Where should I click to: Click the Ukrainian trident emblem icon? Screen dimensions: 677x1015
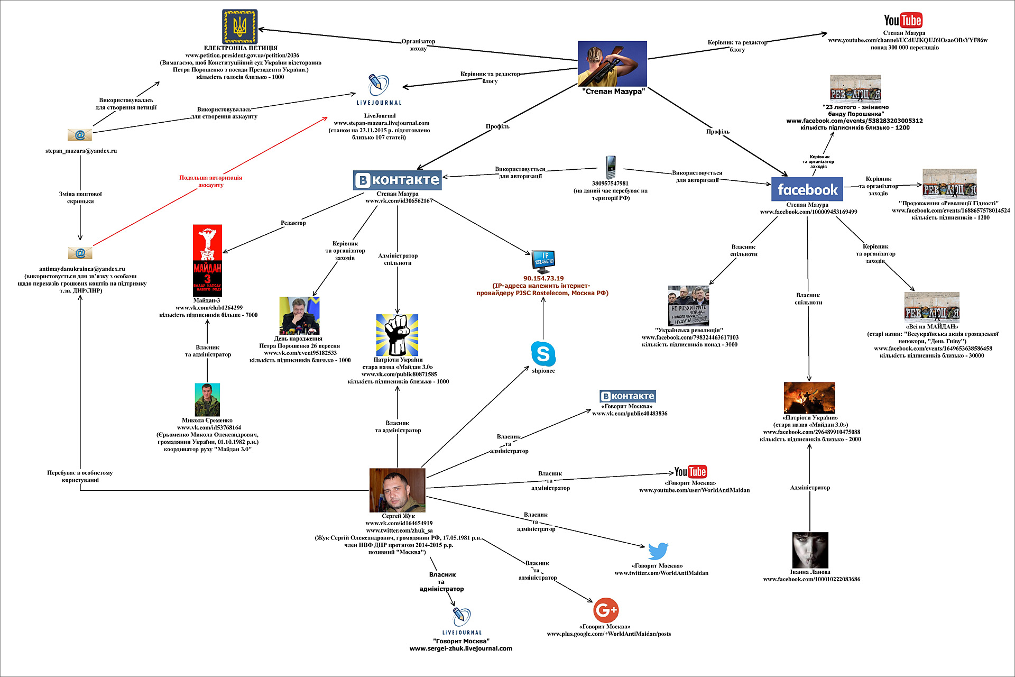pyautogui.click(x=239, y=26)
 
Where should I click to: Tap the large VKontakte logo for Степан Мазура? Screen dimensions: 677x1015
pyautogui.click(x=398, y=180)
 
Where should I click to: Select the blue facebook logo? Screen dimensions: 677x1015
pyautogui.click(x=807, y=189)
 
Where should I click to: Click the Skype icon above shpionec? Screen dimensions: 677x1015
pyautogui.click(x=543, y=354)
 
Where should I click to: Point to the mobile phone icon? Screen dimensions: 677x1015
pyautogui.click(x=611, y=167)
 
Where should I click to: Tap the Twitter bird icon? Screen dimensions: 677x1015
pyautogui.click(x=658, y=551)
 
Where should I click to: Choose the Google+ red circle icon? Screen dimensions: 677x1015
pyautogui.click(x=606, y=610)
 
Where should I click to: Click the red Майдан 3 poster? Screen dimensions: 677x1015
pyautogui.click(x=207, y=260)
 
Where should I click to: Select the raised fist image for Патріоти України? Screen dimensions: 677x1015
pyautogui.click(x=397, y=335)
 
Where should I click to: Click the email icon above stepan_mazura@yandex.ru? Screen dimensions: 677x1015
pyautogui.click(x=80, y=135)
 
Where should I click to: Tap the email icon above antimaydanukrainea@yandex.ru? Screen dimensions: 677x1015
pyautogui.click(x=80, y=253)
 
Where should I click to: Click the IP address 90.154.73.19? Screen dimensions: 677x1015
pyautogui.click(x=543, y=278)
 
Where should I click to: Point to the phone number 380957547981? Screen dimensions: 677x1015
pyautogui.click(x=610, y=184)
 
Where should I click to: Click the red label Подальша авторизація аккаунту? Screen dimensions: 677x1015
pyautogui.click(x=210, y=181)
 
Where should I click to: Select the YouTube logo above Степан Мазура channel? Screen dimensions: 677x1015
pyautogui.click(x=903, y=21)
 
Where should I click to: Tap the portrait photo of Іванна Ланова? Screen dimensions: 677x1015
pyautogui.click(x=810, y=550)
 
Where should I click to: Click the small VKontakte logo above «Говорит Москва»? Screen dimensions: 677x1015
pyautogui.click(x=628, y=396)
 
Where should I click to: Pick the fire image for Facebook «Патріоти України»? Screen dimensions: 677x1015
pyautogui.click(x=809, y=398)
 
